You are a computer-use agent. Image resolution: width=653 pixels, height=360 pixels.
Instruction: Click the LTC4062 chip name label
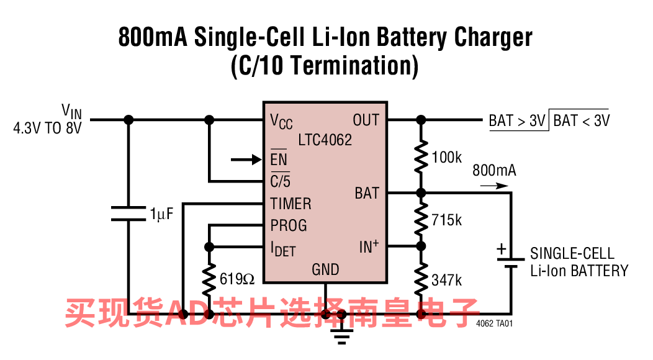[325, 139]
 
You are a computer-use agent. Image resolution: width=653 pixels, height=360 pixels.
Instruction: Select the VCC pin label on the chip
[281, 121]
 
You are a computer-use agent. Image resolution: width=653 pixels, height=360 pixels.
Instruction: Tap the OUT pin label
[366, 120]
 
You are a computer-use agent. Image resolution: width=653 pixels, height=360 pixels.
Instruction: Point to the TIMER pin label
[290, 204]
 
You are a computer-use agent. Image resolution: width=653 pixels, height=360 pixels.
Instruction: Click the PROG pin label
[289, 225]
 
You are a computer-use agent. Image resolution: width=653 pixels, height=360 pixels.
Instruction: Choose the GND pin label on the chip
[325, 269]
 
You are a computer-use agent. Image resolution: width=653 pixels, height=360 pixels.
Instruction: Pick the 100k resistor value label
[447, 158]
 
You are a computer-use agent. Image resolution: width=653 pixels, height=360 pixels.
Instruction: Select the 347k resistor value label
[447, 280]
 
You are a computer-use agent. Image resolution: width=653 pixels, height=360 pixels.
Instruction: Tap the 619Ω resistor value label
[237, 279]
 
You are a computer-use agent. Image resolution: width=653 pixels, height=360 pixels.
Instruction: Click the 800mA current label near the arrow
[494, 170]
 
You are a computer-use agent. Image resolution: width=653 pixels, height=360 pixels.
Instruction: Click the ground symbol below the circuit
[341, 334]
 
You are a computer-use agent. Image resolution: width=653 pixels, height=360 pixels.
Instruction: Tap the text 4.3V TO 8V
[47, 129]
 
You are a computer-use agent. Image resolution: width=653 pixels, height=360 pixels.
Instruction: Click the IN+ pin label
[369, 247]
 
